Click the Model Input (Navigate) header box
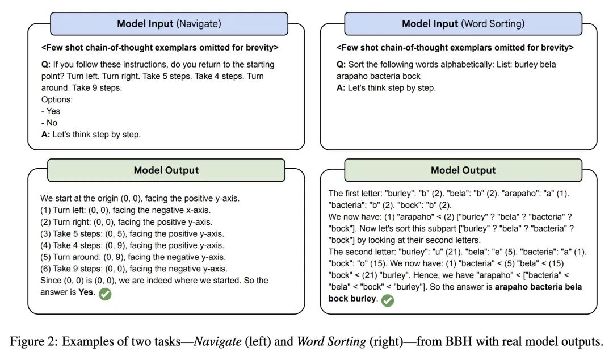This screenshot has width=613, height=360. click(x=169, y=24)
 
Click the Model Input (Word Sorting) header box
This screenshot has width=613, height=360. click(x=463, y=24)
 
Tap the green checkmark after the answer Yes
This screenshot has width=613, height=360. click(x=105, y=294)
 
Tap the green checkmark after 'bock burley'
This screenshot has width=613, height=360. click(x=388, y=300)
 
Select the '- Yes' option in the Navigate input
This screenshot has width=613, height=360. click(x=51, y=111)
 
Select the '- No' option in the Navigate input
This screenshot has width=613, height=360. click(x=49, y=123)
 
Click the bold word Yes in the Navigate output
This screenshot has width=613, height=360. click(x=86, y=292)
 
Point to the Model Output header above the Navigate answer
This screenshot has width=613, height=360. click(x=166, y=170)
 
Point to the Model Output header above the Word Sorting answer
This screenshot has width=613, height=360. click(x=463, y=170)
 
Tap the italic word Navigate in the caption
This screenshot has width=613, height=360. click(x=218, y=341)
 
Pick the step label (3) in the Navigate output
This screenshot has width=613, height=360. click(x=45, y=233)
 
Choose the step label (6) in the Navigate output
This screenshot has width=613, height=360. click(x=45, y=269)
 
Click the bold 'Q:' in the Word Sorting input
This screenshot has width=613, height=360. click(x=341, y=65)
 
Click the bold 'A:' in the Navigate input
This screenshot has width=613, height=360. click(x=46, y=135)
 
